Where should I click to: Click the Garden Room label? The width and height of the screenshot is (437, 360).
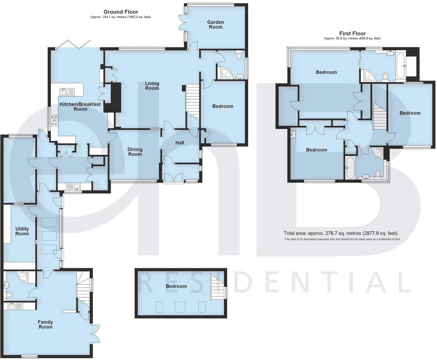pos(216,25)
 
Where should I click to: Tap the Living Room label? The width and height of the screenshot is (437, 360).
pos(152,86)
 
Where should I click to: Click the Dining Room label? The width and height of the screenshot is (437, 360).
pos(135,152)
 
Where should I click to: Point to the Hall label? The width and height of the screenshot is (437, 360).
pos(180,143)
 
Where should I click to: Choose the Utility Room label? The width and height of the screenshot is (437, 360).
pos(22,231)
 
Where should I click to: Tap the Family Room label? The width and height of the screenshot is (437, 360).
pos(45,324)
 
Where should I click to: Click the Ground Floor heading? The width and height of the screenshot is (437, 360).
pos(121,12)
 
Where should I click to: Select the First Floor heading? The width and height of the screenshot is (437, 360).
pos(352,33)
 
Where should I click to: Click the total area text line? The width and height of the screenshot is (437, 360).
pos(340,233)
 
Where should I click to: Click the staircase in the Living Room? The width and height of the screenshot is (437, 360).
pos(192,102)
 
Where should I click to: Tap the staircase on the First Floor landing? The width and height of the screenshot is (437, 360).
pos(380,116)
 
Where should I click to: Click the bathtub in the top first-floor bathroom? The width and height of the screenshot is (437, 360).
pos(401,66)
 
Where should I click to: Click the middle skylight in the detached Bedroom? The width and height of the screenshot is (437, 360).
pos(180,307)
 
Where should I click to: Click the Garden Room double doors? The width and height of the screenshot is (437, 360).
pos(183,23)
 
